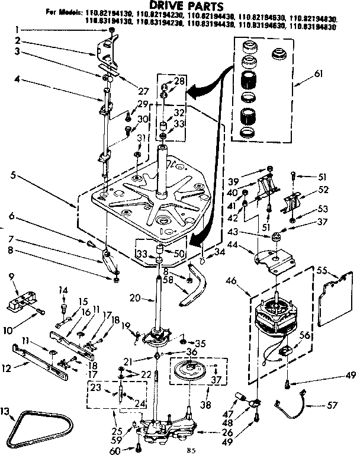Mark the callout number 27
pyautogui.click(x=142, y=91)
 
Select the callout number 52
pyautogui.click(x=323, y=189)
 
